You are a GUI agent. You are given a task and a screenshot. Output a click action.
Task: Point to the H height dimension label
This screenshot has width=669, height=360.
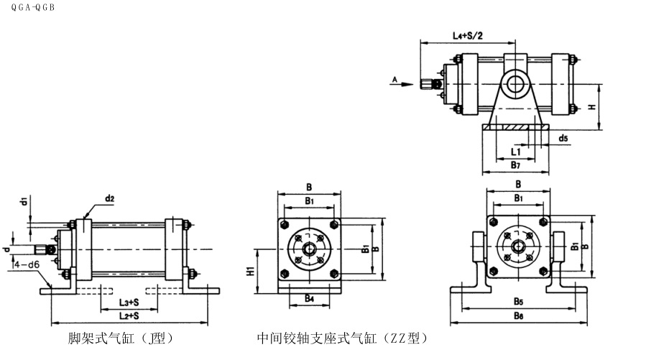click(591, 107)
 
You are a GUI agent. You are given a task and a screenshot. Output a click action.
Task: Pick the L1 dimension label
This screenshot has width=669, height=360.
click(516, 152)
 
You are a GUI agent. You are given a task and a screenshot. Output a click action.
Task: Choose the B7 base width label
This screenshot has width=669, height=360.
click(515, 165)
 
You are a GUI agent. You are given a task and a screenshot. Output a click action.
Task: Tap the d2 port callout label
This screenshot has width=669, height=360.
click(110, 197)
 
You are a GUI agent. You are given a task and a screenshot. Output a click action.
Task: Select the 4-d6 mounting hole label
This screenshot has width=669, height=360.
click(26, 264)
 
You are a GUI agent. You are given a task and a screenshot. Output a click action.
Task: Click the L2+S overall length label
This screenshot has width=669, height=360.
click(129, 315)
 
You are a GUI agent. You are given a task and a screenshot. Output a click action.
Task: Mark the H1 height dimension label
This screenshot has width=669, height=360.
click(250, 272)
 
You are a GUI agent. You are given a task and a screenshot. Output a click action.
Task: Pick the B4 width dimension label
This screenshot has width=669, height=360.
click(308, 297)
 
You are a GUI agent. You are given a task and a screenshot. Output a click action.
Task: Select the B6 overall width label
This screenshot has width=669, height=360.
click(517, 315)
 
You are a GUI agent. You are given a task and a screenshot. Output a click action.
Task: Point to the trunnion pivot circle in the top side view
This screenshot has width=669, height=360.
click(515, 83)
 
